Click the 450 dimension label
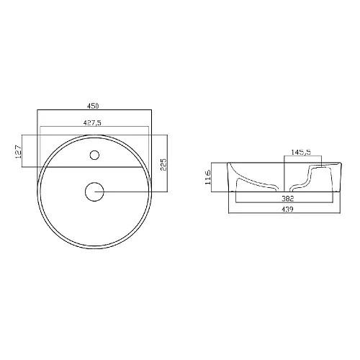click(x=93, y=106)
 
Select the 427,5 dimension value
click(x=92, y=123)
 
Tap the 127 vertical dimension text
click(x=19, y=151)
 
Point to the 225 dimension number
click(x=163, y=164)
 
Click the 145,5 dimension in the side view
click(x=301, y=152)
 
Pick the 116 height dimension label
click(x=208, y=177)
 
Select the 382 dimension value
click(x=287, y=199)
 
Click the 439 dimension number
click(x=287, y=210)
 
